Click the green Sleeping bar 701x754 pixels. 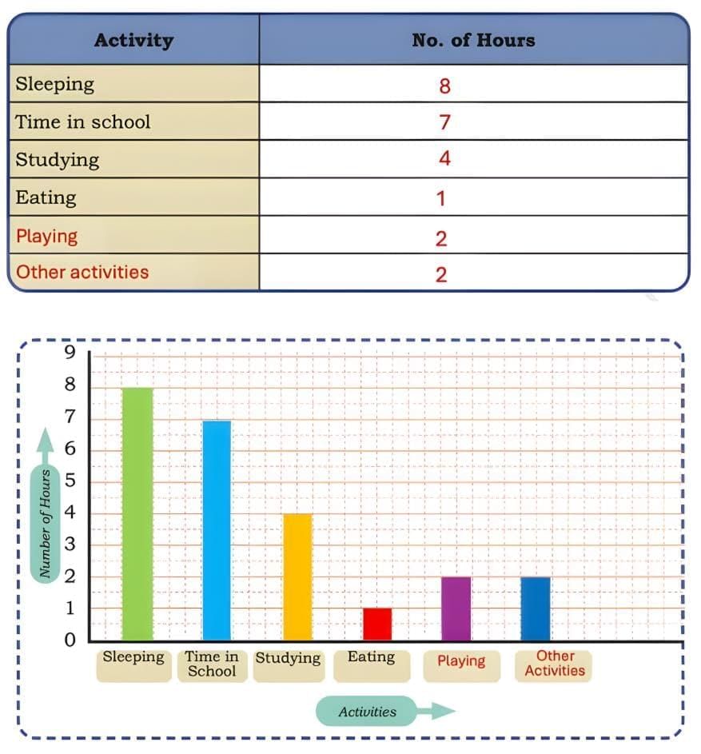[137, 513]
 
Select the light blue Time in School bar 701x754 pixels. [216, 530]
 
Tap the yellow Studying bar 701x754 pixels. [297, 576]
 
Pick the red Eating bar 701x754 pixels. [377, 624]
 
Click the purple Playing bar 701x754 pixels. [456, 608]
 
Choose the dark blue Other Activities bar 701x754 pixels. [536, 608]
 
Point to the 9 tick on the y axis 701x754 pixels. [70, 353]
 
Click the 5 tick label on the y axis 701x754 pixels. [70, 481]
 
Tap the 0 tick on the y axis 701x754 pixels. [70, 640]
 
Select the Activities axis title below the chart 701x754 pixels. [367, 712]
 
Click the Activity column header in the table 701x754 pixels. [133, 40]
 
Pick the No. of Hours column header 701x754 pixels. [473, 40]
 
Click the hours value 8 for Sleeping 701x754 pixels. [444, 86]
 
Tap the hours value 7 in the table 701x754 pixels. [444, 122]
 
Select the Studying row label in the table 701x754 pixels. [58, 159]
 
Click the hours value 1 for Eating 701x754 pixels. [441, 198]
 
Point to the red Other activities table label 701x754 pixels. [82, 272]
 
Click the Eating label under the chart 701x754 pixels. [371, 657]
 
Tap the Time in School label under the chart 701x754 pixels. [212, 664]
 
